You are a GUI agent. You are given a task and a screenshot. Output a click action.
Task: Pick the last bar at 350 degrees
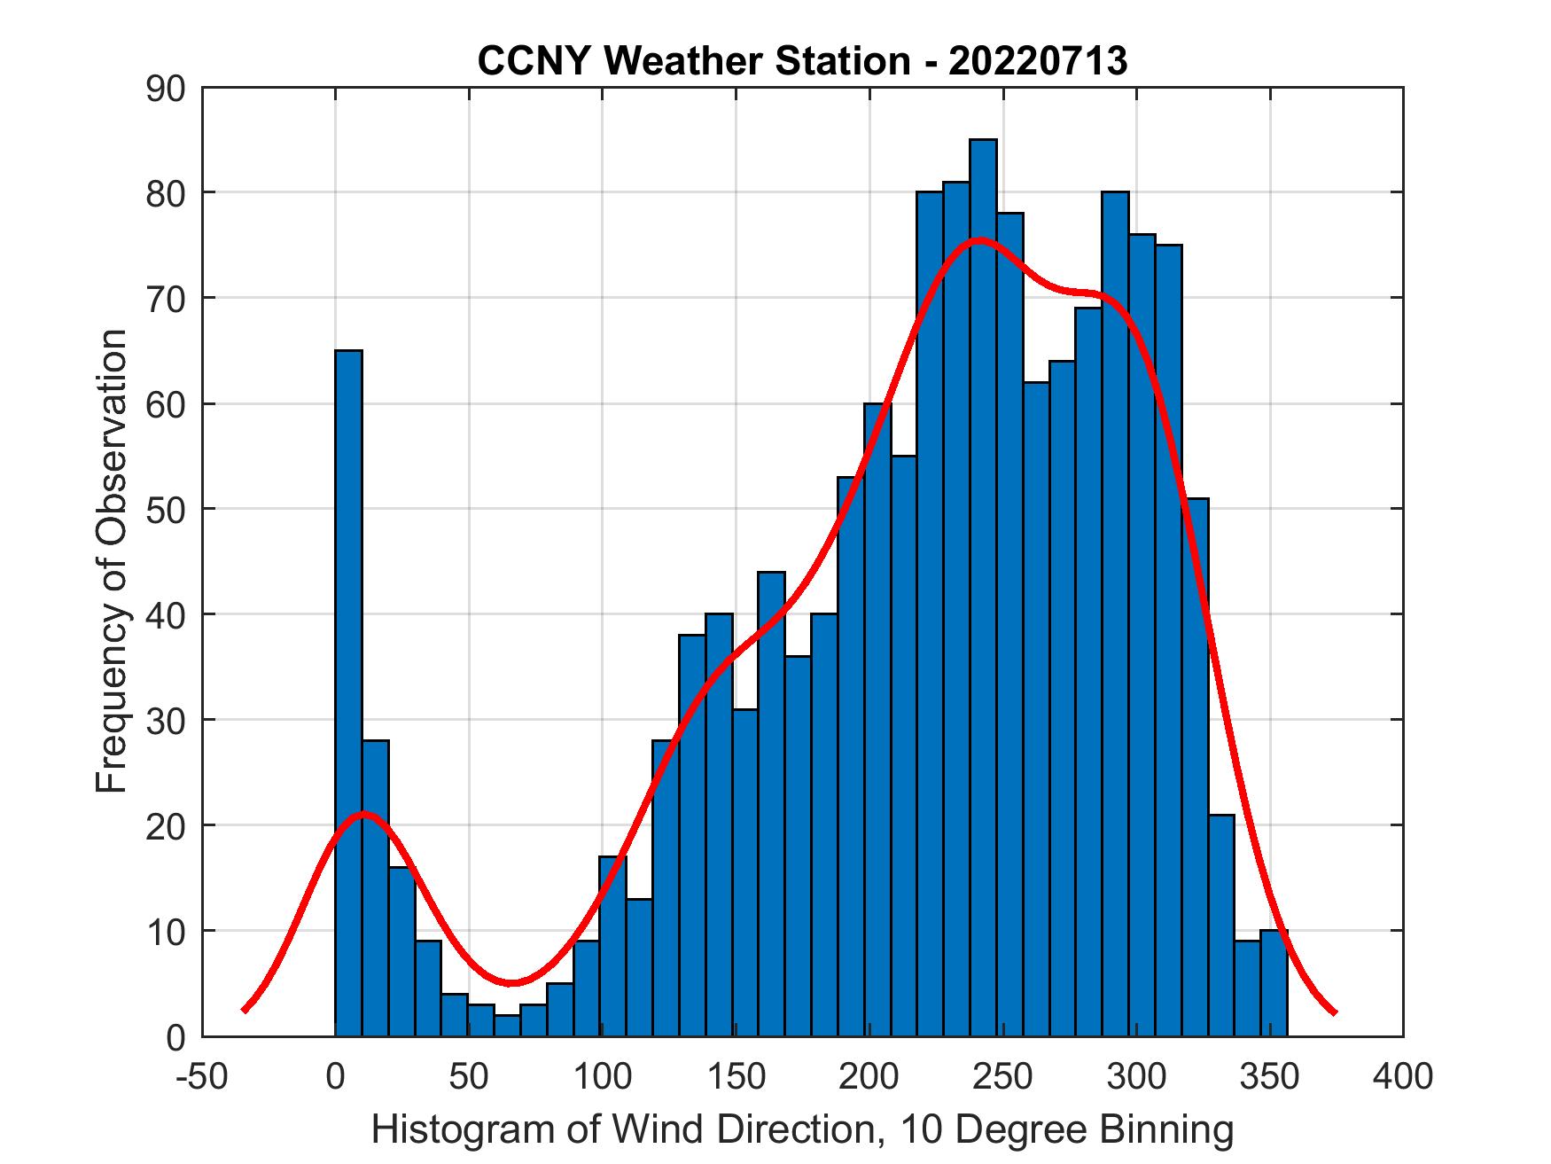[1274, 983]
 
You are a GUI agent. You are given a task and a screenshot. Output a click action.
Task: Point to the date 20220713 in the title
[1038, 61]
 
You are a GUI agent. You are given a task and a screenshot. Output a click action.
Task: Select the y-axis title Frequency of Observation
[113, 561]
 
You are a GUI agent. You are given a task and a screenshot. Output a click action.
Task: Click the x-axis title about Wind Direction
[802, 1129]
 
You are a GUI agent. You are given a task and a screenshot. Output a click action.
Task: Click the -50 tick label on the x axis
[203, 1076]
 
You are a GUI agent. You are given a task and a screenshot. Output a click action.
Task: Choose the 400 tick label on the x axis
[1403, 1076]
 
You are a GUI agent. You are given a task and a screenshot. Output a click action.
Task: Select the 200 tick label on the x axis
[869, 1076]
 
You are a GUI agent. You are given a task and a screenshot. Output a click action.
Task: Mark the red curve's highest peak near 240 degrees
[978, 240]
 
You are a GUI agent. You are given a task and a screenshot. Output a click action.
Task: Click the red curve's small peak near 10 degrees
[364, 814]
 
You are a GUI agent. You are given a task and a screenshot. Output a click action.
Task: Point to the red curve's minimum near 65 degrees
[511, 982]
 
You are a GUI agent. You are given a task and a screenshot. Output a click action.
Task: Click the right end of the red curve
[1334, 1012]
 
